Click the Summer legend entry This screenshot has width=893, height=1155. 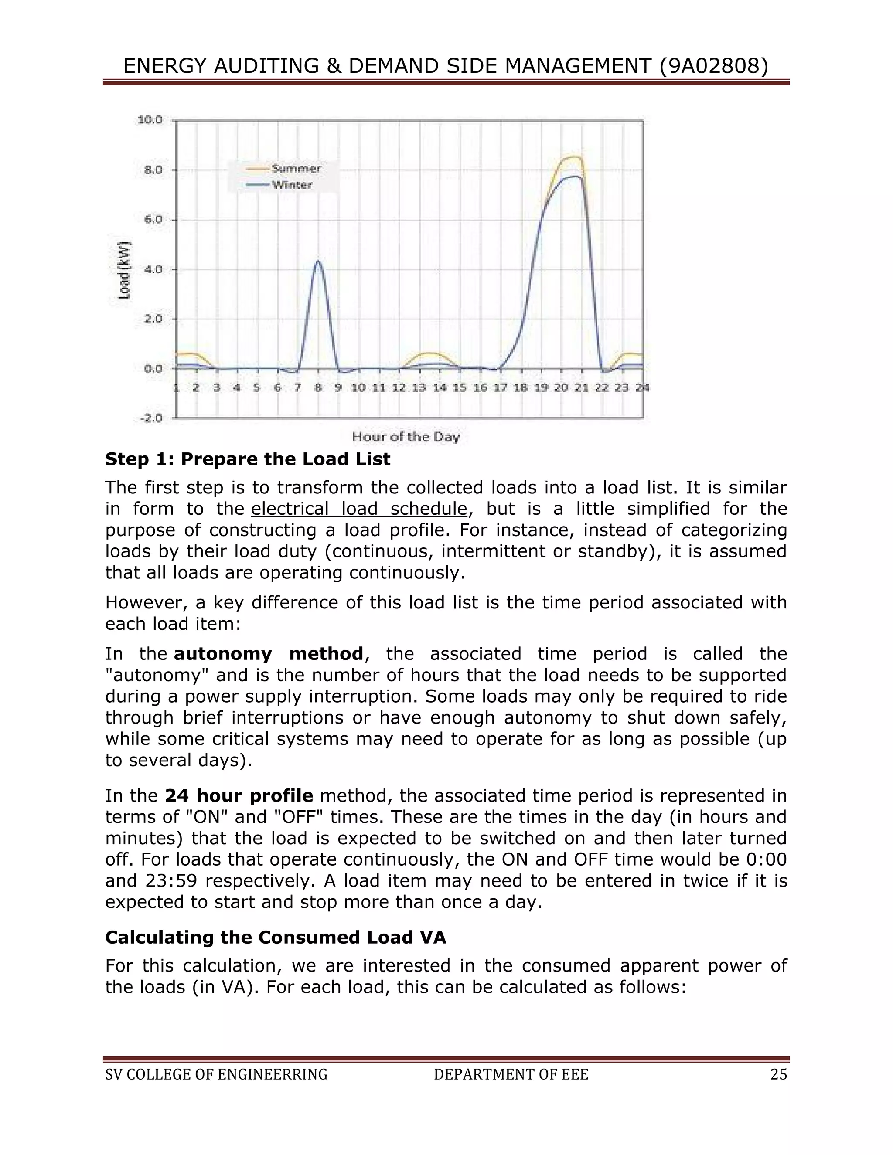(x=296, y=169)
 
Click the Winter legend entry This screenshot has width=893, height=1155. (x=292, y=185)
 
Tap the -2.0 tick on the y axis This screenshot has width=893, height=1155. (x=151, y=418)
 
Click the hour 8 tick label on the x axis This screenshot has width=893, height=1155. (x=318, y=387)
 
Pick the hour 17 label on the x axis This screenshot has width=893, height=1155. (x=501, y=387)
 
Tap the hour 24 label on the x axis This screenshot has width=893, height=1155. (x=642, y=387)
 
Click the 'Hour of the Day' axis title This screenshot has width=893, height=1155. (x=406, y=437)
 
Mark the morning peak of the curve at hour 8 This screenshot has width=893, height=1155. (x=318, y=261)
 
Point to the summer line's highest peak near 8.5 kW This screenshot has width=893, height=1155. (x=573, y=156)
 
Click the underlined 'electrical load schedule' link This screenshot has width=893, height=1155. (x=359, y=509)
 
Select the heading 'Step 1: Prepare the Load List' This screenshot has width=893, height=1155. (x=248, y=459)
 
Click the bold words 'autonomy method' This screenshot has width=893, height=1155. (x=268, y=654)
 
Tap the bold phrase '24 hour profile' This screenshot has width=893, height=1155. (x=239, y=795)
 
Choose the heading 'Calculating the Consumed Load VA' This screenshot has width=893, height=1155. (x=276, y=937)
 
